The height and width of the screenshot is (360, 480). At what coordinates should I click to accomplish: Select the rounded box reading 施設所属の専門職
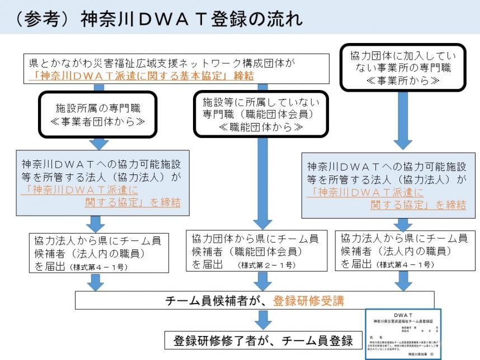[98, 114]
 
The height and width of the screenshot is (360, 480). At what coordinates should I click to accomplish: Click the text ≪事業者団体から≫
[98, 120]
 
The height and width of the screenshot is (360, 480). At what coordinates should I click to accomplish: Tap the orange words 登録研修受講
[308, 300]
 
